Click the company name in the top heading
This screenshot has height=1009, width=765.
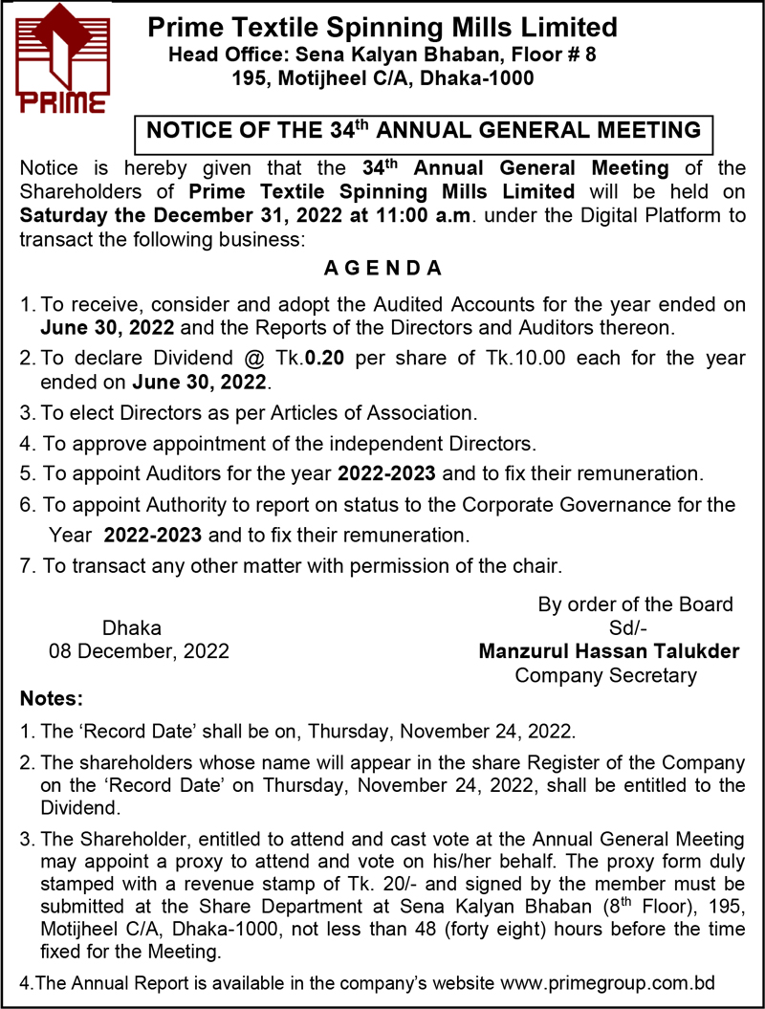tap(382, 27)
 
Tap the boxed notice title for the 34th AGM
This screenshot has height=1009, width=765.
tap(422, 131)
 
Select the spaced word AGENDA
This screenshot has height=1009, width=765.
tap(382, 269)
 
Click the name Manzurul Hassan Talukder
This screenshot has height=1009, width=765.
tap(608, 651)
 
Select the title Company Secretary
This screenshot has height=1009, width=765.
tap(605, 675)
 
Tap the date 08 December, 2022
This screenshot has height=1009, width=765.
tap(140, 651)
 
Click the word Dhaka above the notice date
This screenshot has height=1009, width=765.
tap(132, 628)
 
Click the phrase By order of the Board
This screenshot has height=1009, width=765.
tap(636, 604)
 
